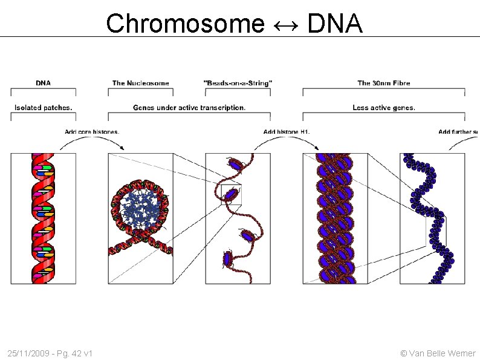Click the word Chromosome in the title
[x=185, y=24]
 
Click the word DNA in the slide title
[x=334, y=24]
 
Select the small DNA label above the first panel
[x=43, y=83]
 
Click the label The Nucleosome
[x=140, y=83]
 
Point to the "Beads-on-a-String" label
[x=238, y=83]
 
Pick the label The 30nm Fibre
[x=384, y=83]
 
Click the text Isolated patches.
[x=43, y=108]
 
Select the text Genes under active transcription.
[x=189, y=108]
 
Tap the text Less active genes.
[x=384, y=108]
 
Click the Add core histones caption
[x=92, y=131]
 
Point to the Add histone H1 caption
[x=287, y=131]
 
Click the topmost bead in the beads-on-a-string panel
[x=235, y=163]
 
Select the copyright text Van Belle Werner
[x=442, y=353]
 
